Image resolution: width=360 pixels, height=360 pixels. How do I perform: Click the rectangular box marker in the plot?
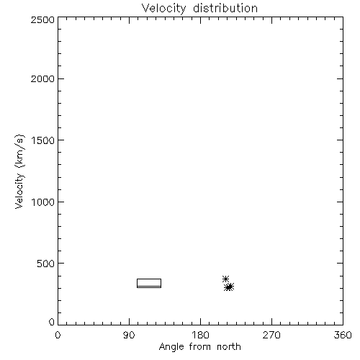(x=149, y=279)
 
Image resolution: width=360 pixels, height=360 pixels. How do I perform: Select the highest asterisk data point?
(x=225, y=279)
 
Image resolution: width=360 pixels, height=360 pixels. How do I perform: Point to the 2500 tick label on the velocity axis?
(x=42, y=19)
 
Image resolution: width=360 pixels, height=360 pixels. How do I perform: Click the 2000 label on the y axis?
(x=42, y=78)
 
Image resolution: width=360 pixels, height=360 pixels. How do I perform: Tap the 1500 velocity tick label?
(x=43, y=140)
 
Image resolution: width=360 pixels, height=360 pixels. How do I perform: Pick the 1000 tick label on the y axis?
(x=43, y=202)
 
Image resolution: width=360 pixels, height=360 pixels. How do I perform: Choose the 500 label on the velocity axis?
(x=46, y=264)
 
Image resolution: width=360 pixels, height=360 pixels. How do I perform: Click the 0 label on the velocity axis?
(x=52, y=322)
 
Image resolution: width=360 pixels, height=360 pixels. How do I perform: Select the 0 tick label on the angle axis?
(x=58, y=335)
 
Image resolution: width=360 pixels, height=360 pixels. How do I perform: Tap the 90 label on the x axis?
(x=129, y=335)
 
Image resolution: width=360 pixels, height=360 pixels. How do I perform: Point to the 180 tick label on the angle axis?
(x=200, y=335)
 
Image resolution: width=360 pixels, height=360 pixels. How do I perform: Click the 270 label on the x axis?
(x=271, y=335)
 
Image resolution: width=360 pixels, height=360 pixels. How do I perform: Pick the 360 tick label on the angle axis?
(x=343, y=335)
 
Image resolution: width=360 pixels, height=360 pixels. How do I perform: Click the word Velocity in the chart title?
(x=164, y=9)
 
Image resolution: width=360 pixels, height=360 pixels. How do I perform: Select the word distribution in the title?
(x=225, y=8)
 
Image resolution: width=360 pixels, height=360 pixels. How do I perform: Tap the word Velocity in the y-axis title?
(x=19, y=191)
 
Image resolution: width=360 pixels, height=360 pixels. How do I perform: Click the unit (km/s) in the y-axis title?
(x=19, y=151)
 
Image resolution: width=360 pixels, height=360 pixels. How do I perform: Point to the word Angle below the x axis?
(x=171, y=347)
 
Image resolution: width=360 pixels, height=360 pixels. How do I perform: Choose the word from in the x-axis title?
(x=200, y=347)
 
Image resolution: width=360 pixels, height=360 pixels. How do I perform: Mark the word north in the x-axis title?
(x=229, y=347)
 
